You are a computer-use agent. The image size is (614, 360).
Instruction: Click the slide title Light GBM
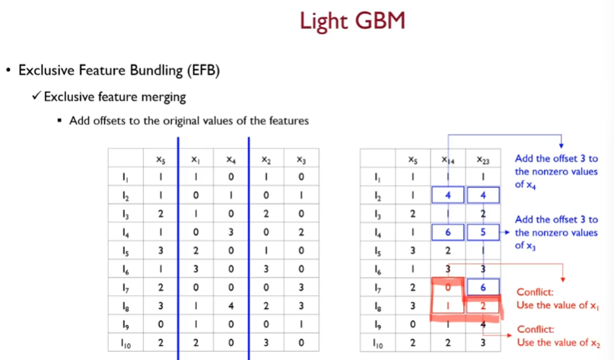click(x=352, y=21)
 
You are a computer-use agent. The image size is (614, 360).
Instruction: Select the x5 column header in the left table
click(x=161, y=160)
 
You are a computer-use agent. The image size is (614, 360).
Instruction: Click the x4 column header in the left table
click(x=231, y=160)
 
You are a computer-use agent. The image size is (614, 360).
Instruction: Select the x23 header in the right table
click(x=482, y=160)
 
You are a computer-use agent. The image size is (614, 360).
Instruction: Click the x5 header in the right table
click(x=412, y=160)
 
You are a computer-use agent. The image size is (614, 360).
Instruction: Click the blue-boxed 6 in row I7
click(x=482, y=287)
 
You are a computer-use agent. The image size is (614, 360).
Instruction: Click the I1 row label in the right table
click(x=377, y=178)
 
